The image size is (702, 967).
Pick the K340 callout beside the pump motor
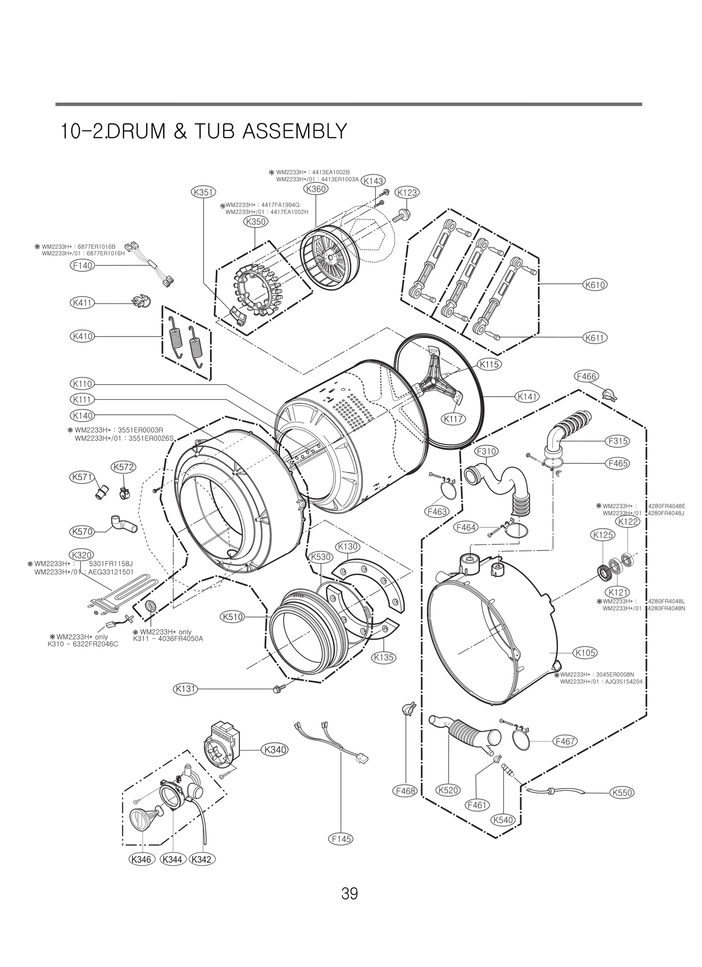pyautogui.click(x=275, y=750)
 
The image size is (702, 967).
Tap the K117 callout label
pyautogui.click(x=454, y=419)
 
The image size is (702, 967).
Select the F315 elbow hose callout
pyautogui.click(x=618, y=441)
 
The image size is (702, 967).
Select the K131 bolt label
pyautogui.click(x=185, y=689)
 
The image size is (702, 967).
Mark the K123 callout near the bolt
pyautogui.click(x=407, y=192)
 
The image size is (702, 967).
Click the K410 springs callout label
pyautogui.click(x=82, y=336)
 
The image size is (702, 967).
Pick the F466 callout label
pyautogui.click(x=586, y=377)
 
